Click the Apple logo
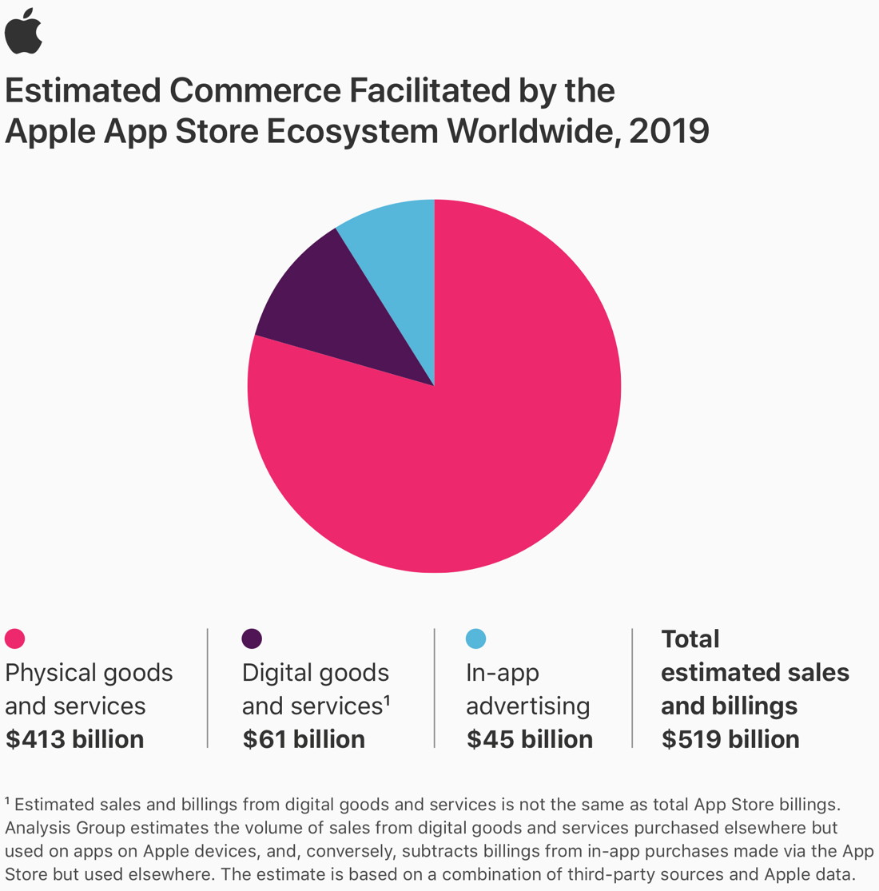click(23, 32)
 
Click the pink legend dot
click(15, 638)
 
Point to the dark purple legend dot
click(252, 638)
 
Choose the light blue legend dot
click(475, 638)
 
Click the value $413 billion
click(74, 739)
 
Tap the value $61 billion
click(304, 739)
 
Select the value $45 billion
click(530, 739)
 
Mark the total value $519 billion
click(730, 739)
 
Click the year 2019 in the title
click(669, 131)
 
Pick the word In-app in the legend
click(503, 673)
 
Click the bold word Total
click(690, 638)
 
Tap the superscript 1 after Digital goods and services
click(387, 700)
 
